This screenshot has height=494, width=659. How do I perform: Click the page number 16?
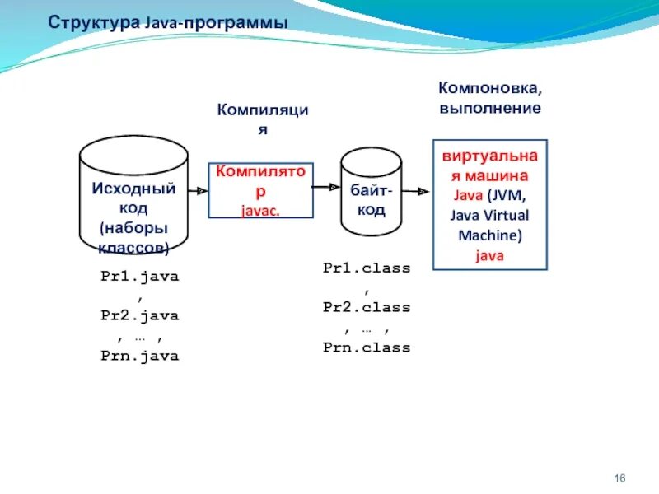(621, 479)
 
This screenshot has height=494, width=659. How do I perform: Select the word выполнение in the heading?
(490, 107)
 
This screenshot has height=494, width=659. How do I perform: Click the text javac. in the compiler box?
(260, 210)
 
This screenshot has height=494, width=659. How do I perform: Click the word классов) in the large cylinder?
(133, 247)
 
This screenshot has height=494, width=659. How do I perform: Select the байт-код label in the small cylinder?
(372, 200)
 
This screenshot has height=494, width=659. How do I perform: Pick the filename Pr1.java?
(139, 277)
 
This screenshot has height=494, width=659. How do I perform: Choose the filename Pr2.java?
(139, 315)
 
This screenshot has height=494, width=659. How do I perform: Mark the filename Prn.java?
(139, 356)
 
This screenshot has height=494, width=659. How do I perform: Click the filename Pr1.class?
(366, 268)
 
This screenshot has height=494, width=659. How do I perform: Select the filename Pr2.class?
(366, 307)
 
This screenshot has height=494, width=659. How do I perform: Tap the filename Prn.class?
(366, 347)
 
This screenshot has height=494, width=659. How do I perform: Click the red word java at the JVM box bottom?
(489, 255)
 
